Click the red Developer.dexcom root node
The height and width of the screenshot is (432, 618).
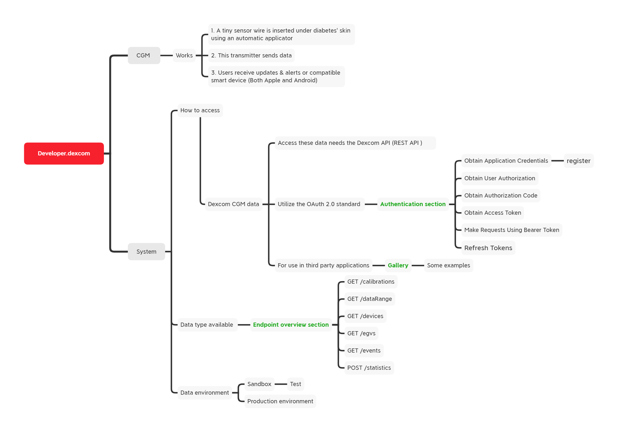(64, 153)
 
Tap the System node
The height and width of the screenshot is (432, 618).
(146, 252)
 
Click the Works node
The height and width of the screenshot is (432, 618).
(184, 56)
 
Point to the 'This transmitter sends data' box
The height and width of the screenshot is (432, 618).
(251, 56)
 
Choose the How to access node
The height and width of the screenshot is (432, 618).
(200, 110)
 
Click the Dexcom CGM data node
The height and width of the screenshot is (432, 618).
(233, 204)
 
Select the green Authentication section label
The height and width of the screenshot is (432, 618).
(413, 204)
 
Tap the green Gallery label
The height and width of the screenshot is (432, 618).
(398, 265)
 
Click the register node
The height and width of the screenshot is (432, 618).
(578, 161)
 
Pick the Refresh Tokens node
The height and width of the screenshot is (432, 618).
(488, 248)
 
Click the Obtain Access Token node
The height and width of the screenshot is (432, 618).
(492, 213)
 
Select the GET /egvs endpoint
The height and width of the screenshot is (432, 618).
(361, 333)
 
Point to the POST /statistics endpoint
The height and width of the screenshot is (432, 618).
(369, 368)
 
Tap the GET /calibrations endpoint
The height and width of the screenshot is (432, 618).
(371, 282)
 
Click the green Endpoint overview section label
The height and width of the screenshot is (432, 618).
(291, 325)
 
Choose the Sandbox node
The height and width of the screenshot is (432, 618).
(259, 384)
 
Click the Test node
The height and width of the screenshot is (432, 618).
(295, 384)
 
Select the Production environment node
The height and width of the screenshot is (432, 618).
(280, 401)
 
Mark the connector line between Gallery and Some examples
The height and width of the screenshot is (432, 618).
(418, 265)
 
